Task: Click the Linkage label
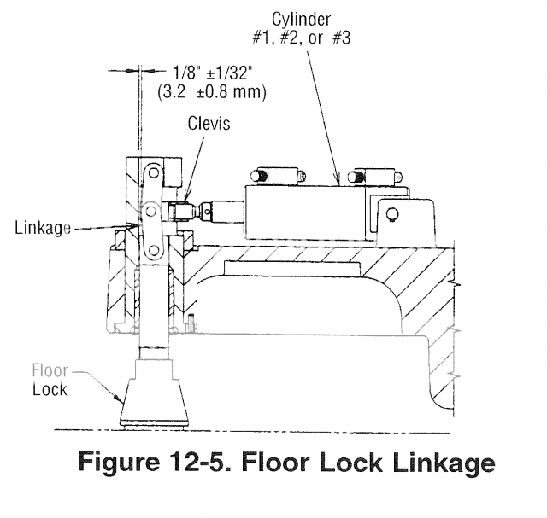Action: [x=42, y=228]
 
